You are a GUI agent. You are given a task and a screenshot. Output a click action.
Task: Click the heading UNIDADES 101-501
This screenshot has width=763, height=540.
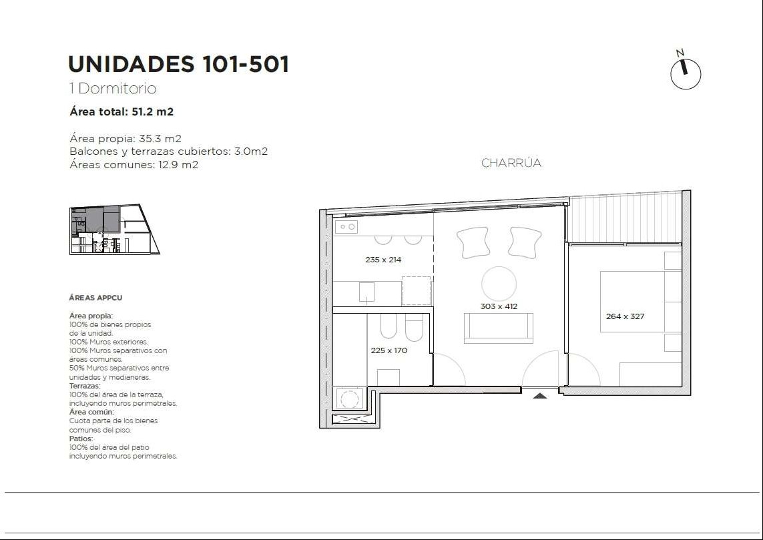(179, 64)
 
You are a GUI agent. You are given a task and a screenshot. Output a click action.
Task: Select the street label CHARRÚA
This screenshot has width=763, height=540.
(511, 162)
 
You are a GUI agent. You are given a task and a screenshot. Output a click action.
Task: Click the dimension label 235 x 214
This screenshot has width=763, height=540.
(383, 260)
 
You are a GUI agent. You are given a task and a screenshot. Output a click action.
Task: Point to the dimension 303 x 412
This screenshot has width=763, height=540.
(499, 306)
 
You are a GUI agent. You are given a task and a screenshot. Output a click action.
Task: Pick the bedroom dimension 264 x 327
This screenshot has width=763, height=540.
(625, 316)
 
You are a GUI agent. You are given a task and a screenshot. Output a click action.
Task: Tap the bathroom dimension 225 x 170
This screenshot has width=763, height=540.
(389, 350)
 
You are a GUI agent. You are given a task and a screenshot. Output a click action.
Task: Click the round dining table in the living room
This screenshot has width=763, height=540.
(499, 284)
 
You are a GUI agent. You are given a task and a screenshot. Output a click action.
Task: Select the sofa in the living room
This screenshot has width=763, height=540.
(498, 328)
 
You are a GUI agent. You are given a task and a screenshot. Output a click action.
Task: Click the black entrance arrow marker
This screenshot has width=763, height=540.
(539, 396)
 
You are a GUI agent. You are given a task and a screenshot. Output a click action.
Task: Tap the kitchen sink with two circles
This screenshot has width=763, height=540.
(346, 227)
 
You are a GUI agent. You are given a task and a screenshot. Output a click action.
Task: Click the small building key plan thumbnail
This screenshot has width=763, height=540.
(114, 229)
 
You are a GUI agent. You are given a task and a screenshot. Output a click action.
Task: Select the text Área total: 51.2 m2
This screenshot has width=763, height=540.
(121, 111)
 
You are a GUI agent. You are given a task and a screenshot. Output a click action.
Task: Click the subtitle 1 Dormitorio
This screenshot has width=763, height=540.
(113, 89)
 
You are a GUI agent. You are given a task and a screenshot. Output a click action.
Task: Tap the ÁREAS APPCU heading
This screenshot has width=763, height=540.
(95, 298)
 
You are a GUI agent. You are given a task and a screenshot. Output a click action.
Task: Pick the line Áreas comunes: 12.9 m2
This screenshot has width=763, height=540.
(134, 164)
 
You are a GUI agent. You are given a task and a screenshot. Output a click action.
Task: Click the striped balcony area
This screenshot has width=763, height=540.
(625, 218)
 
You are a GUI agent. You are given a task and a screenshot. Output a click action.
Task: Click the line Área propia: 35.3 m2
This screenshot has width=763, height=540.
(125, 139)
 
